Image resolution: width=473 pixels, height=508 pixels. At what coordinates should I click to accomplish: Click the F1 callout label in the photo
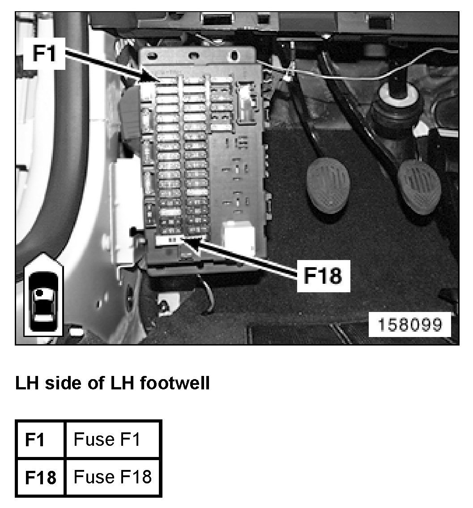45,54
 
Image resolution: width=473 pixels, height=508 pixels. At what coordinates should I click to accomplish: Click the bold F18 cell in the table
40,478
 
